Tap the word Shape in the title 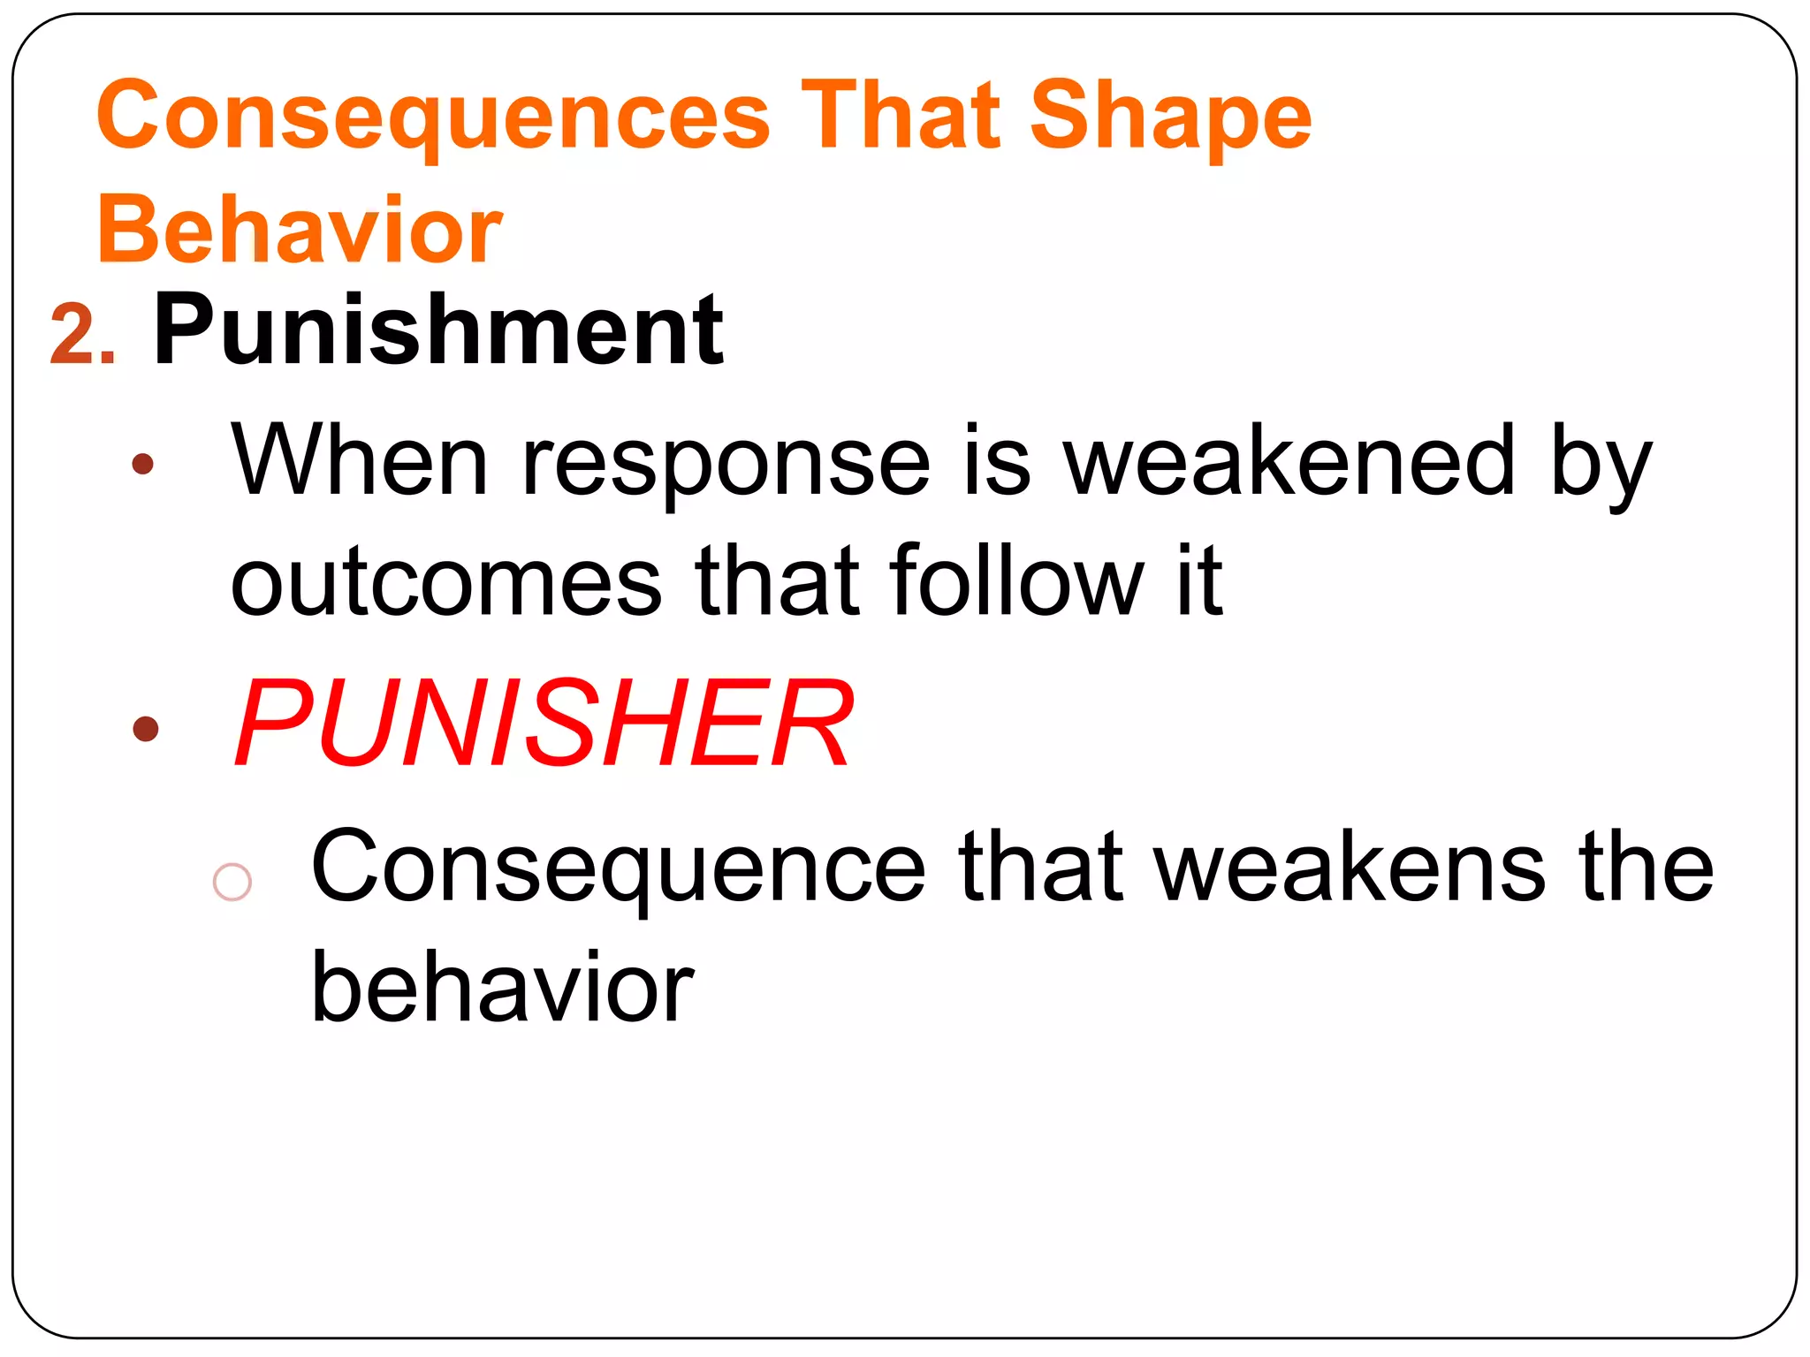point(1171,118)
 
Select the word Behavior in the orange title point(300,230)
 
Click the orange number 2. point(82,335)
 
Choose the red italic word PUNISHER point(544,724)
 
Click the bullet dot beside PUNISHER point(145,729)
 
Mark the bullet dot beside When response point(142,464)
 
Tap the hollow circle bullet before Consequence point(232,882)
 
